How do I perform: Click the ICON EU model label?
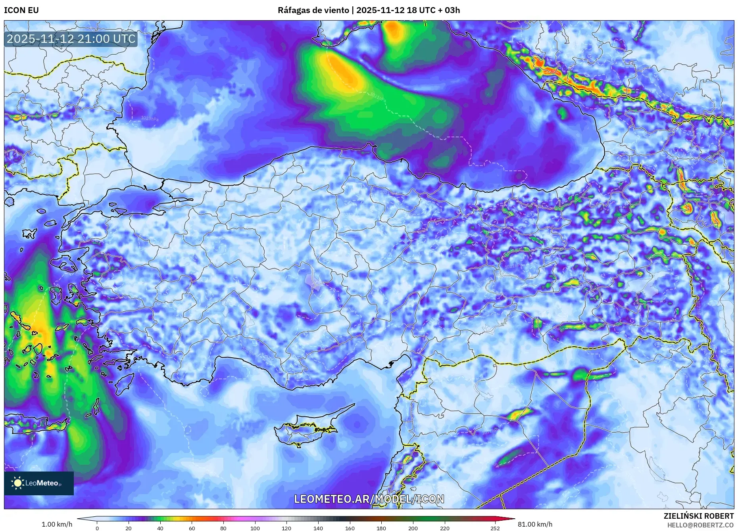(21, 10)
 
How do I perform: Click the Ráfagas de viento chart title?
(369, 10)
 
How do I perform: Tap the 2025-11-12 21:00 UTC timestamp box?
(71, 39)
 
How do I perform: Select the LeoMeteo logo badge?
(39, 483)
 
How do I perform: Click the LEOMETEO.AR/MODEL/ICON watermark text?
(369, 499)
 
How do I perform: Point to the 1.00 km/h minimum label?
(57, 524)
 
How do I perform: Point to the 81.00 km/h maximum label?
(535, 524)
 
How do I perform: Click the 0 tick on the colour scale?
(97, 528)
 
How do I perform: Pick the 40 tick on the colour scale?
(160, 528)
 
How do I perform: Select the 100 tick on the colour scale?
(255, 528)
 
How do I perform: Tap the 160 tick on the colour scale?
(350, 528)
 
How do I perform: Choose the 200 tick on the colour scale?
(413, 528)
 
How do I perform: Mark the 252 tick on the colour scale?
(495, 528)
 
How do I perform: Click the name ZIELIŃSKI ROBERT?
(699, 516)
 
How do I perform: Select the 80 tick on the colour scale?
(223, 528)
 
